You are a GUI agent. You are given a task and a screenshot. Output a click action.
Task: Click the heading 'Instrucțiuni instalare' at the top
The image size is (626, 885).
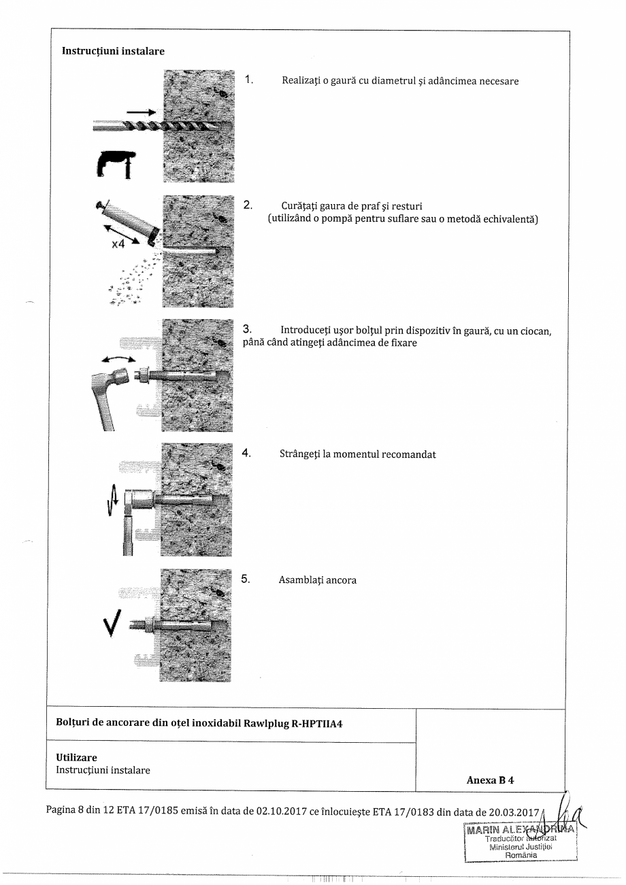point(113,51)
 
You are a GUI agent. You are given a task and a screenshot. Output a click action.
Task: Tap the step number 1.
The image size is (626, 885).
point(249,80)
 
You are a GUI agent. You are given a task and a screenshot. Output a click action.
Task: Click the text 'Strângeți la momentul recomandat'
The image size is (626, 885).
point(357,454)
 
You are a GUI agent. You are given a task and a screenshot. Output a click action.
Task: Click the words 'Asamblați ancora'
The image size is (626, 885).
point(317,580)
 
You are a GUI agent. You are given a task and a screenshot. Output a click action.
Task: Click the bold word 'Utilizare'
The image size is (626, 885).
point(76,758)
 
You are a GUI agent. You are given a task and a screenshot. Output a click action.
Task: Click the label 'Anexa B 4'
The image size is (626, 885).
point(490,780)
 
